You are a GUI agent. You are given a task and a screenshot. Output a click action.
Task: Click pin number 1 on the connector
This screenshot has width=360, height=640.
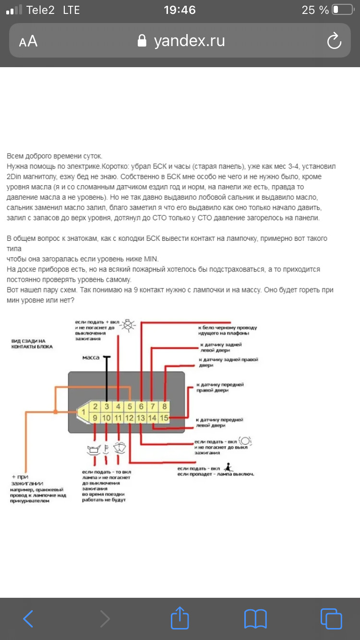84,411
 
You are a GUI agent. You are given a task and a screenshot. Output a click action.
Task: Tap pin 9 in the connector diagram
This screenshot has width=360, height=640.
96,418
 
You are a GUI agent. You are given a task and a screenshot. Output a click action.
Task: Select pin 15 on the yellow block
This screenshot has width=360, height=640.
164,418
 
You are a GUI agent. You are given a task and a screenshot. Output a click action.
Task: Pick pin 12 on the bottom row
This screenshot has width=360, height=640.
130,418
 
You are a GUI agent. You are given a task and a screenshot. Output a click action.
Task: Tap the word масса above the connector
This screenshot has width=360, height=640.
91,357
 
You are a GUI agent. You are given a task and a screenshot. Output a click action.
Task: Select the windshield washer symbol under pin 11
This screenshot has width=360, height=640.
119,448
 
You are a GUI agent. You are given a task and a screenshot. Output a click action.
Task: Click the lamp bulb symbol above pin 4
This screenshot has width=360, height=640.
128,325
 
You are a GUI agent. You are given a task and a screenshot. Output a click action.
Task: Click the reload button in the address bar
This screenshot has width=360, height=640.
334,42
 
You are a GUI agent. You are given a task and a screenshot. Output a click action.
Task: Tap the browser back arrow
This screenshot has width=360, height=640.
28,618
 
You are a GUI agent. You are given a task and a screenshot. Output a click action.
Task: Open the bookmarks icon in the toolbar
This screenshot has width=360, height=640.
255,619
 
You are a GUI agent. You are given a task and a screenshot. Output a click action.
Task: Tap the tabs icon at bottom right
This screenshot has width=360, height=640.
331,618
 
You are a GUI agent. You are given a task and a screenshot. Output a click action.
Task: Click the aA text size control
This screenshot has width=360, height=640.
28,42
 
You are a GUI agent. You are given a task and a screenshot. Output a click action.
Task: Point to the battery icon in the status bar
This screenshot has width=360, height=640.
342,10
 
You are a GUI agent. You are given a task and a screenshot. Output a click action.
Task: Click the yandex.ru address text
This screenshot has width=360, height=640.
189,41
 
